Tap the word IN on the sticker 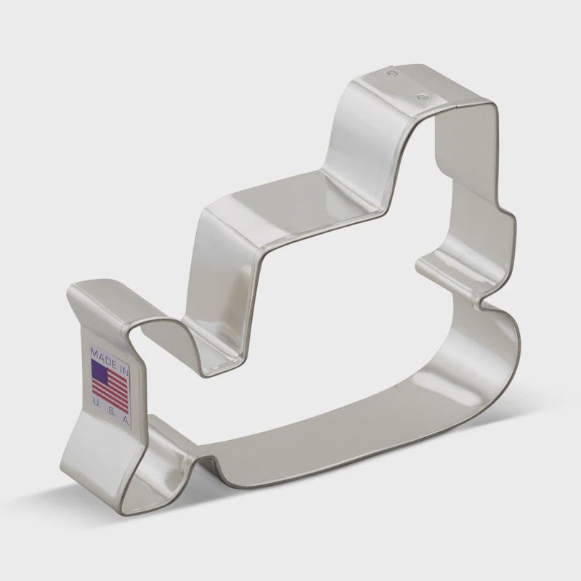point(123,370)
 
